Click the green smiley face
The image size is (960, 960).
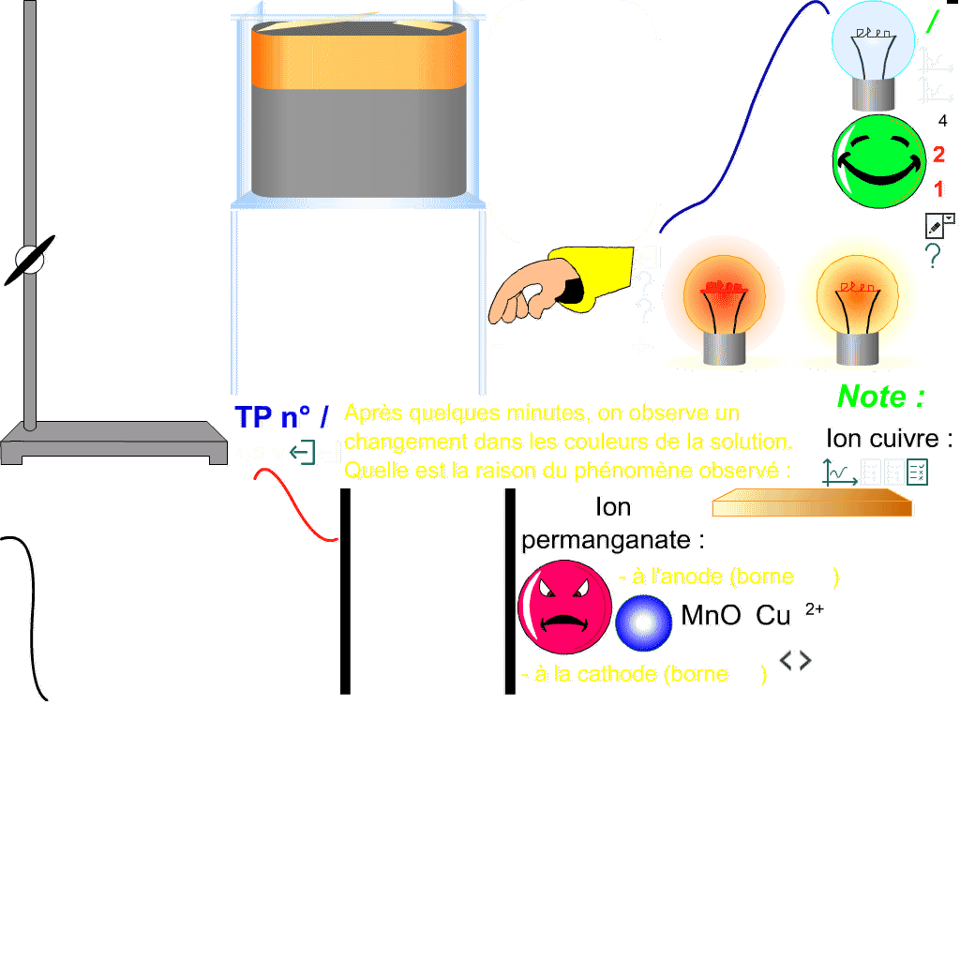[x=878, y=161]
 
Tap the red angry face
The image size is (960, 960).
[x=564, y=607]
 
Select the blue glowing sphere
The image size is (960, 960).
[x=643, y=622]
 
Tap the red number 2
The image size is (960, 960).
[x=938, y=156]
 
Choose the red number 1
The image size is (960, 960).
[x=938, y=189]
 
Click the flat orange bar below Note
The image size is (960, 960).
[x=811, y=504]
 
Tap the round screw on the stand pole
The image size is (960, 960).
[x=30, y=260]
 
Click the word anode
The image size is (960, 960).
[x=695, y=577]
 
